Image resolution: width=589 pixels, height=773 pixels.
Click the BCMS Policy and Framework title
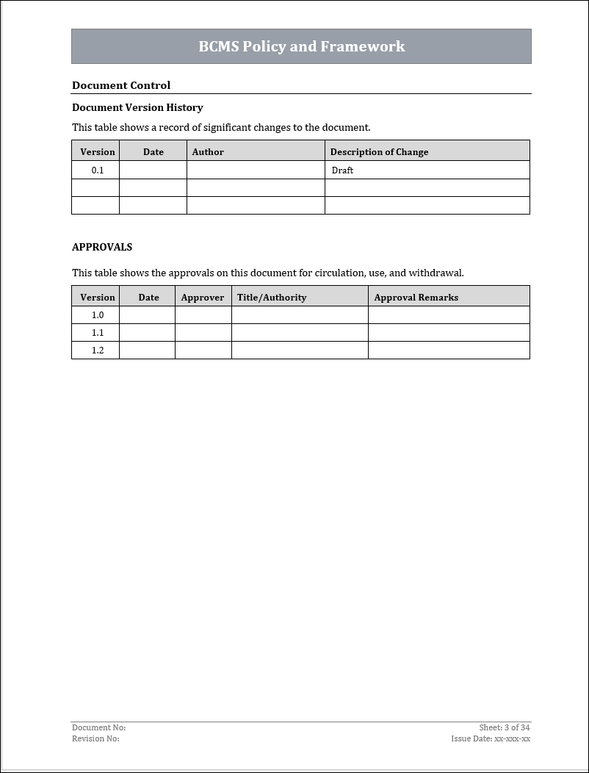301,46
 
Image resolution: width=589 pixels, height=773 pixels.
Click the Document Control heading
121,85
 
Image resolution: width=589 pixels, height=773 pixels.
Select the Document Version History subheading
137,107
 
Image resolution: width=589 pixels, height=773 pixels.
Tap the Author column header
208,152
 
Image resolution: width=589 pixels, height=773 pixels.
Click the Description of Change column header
379,152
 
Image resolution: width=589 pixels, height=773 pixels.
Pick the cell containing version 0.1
98,170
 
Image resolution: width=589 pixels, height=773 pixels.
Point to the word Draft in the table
342,170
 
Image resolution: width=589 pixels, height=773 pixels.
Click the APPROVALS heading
102,247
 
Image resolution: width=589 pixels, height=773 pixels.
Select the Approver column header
203,298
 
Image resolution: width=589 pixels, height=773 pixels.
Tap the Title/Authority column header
272,298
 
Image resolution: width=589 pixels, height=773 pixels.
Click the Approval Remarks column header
416,298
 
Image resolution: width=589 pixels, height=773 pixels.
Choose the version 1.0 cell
98,315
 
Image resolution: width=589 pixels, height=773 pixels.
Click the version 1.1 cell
98,333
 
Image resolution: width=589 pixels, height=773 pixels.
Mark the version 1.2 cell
98,350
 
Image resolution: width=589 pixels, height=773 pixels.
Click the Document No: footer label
98,727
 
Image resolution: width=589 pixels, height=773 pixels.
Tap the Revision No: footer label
95,738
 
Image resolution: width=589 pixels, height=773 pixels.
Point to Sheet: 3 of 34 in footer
505,727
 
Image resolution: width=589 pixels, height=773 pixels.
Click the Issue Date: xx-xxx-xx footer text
491,738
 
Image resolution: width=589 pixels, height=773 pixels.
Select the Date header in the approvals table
148,298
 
